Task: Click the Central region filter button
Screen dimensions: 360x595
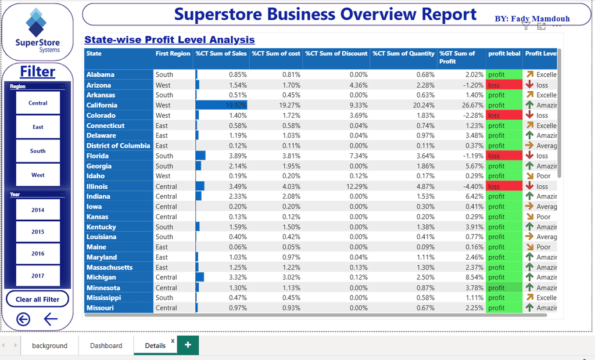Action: tap(38, 103)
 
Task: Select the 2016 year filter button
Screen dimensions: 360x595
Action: tap(38, 254)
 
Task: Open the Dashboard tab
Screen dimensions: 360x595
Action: tap(106, 345)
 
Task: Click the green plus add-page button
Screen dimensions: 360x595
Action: tap(188, 345)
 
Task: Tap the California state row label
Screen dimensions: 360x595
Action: tap(102, 105)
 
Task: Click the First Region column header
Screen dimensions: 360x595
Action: tap(173, 53)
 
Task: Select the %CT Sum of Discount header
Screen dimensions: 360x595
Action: tap(336, 53)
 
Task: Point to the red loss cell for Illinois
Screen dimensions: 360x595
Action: tap(504, 186)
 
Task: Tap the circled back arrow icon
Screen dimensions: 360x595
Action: tap(23, 319)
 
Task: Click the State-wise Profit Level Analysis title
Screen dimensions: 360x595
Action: tap(170, 40)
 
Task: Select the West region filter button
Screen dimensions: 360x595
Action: tap(38, 175)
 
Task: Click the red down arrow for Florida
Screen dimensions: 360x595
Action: tap(529, 156)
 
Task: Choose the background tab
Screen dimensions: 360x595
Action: tap(49, 345)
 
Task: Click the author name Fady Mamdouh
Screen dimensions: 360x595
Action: tap(532, 19)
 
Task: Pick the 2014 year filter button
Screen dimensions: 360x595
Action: tap(38, 210)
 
